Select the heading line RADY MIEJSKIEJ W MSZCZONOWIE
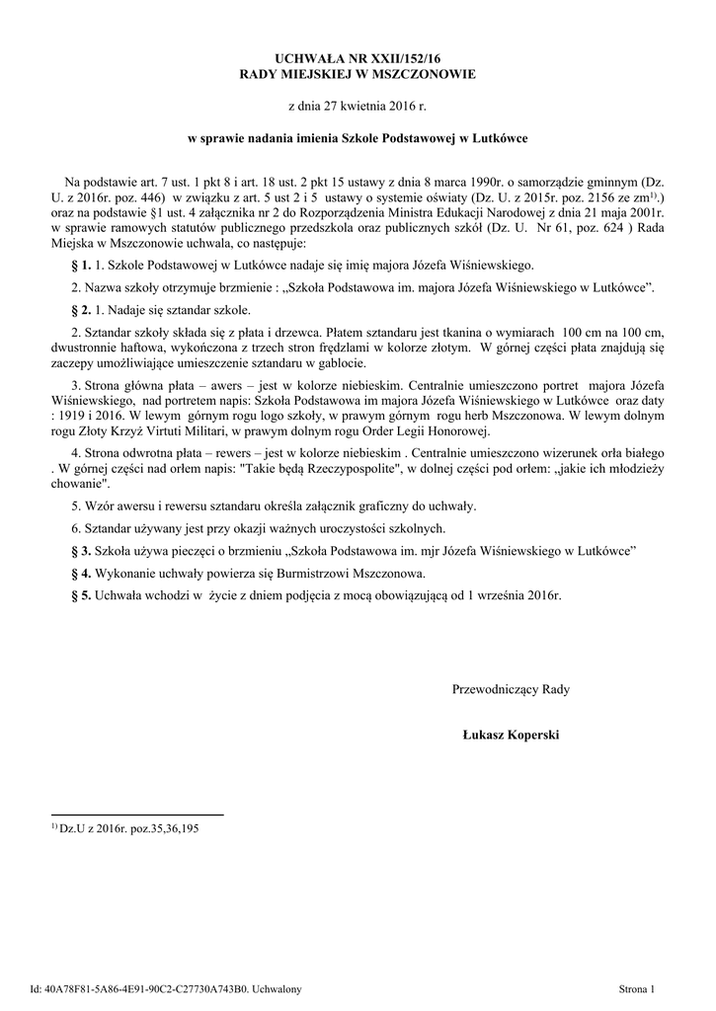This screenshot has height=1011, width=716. (x=358, y=75)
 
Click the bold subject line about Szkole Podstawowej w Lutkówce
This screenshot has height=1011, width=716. (x=358, y=139)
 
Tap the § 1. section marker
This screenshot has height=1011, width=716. (x=82, y=266)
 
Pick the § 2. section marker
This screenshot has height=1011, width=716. (x=82, y=309)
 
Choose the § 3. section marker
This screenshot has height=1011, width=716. (x=82, y=549)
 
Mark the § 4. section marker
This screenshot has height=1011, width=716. (x=82, y=573)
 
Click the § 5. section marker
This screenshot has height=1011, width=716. (x=82, y=596)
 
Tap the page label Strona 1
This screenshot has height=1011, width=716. (x=637, y=988)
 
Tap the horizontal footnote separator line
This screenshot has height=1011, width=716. (x=137, y=815)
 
